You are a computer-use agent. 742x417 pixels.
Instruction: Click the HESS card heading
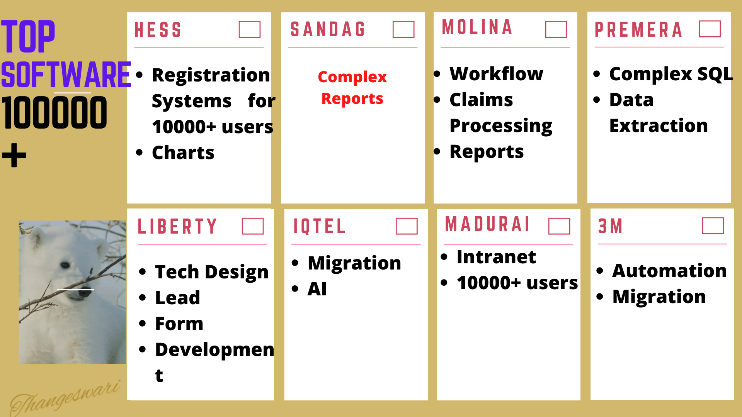click(158, 30)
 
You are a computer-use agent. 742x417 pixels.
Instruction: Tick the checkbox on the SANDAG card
click(403, 29)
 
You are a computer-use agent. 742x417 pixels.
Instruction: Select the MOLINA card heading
click(477, 27)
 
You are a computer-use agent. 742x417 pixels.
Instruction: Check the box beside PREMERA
click(710, 29)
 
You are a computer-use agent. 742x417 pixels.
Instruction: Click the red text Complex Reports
click(352, 88)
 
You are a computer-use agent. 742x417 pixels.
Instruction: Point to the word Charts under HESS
click(183, 153)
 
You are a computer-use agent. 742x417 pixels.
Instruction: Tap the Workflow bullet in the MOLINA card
click(496, 74)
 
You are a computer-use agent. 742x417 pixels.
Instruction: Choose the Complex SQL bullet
click(671, 74)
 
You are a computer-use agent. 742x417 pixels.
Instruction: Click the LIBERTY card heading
click(177, 226)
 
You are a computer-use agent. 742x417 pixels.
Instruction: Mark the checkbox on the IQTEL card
click(407, 226)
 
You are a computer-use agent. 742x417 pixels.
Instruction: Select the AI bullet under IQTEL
click(317, 289)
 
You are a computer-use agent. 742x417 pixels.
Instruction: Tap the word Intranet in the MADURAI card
click(496, 257)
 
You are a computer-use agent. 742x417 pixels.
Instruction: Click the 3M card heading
click(610, 226)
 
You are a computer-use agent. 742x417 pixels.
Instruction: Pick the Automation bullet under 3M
click(669, 271)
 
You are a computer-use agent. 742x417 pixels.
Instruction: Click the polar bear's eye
click(65, 265)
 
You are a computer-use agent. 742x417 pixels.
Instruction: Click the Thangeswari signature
click(65, 398)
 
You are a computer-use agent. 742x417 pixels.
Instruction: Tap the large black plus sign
click(14, 155)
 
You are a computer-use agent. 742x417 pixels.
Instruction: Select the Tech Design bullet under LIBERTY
click(211, 272)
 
